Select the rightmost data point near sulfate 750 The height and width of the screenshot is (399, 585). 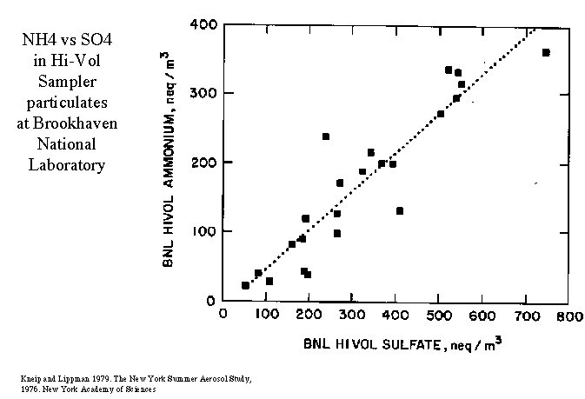[546, 53]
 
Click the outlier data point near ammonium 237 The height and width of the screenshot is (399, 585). [326, 136]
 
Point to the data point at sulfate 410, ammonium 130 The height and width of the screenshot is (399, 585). [400, 210]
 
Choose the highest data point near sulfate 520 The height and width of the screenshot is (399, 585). [449, 70]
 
